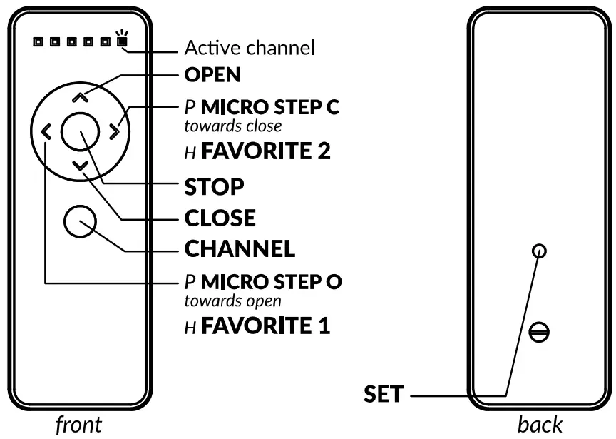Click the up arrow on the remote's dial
80,97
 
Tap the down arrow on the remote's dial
80,165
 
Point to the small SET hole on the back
539,251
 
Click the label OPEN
212,74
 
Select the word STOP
214,187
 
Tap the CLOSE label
220,218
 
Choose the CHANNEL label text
240,249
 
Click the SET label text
384,394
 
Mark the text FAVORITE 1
265,327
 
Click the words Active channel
249,49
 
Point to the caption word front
78,424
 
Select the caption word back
540,424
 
